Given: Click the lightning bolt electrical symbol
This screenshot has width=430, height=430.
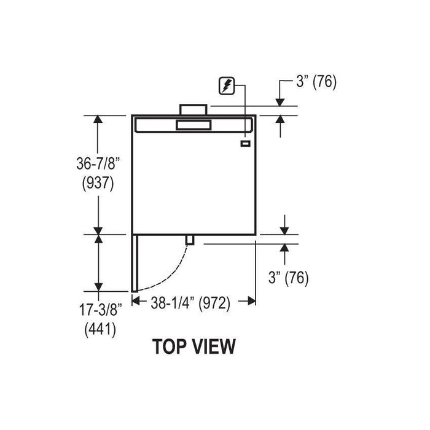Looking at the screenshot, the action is pos(227,85).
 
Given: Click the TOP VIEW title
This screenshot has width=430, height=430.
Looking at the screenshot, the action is pos(194,346).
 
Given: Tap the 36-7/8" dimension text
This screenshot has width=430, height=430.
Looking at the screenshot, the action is pos(98,164).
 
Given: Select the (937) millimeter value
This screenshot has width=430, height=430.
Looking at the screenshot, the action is pos(98,183).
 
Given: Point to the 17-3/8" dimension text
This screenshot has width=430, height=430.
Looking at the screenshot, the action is pos(100,310).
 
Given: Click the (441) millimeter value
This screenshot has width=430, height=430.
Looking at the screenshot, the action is pos(100,329).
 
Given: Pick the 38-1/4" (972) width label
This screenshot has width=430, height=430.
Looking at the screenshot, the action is pos(190,303).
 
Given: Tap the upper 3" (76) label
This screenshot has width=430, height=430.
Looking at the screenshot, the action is pos(316,82).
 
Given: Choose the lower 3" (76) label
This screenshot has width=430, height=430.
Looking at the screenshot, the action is pos(289,277).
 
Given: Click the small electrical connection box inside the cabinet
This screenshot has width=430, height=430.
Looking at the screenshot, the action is pos(246,143).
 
